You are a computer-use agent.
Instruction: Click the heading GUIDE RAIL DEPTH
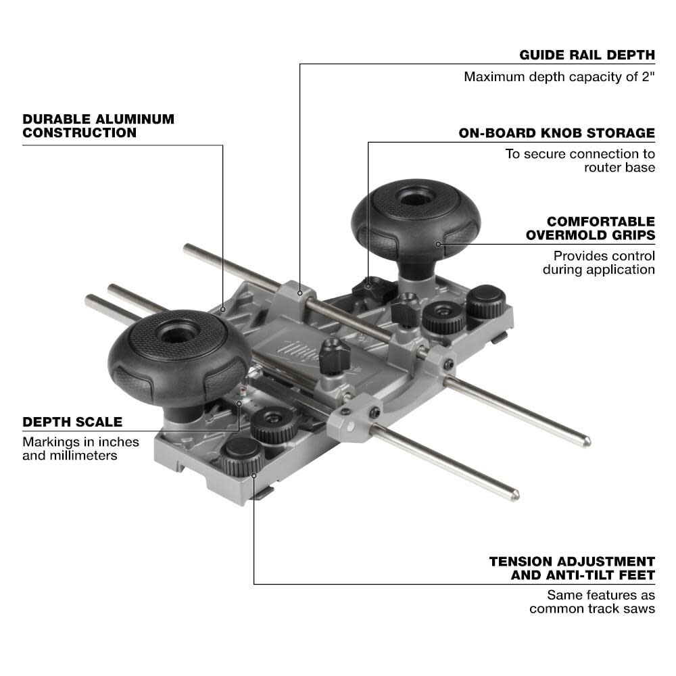pos(587,55)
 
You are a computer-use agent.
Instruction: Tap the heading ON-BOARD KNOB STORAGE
pos(557,132)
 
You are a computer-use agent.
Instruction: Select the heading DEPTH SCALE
pos(72,422)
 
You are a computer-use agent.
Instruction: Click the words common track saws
pos(592,608)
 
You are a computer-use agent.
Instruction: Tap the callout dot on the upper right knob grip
pos(438,243)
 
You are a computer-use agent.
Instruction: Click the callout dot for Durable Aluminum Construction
pos(222,309)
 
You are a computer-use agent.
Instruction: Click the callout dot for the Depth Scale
pos(240,404)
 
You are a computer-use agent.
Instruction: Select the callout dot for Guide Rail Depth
pos(299,293)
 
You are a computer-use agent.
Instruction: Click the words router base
pos(620,167)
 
